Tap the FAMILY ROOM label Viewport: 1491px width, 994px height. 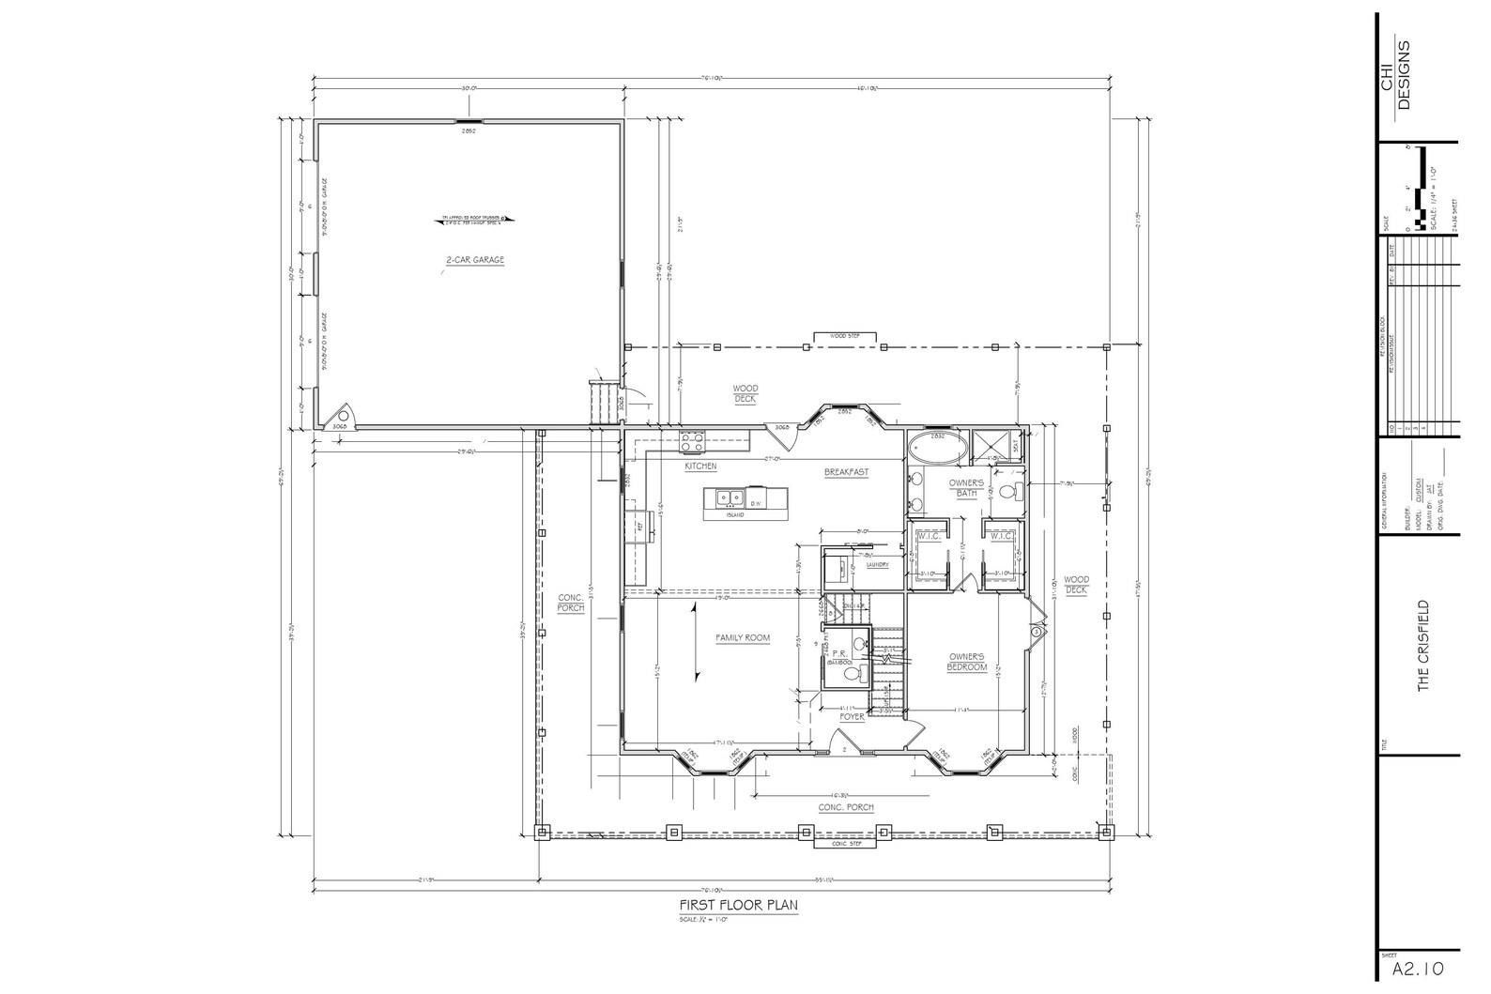(x=743, y=638)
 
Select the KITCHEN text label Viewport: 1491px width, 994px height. (x=700, y=466)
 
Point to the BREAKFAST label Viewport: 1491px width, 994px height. (x=846, y=472)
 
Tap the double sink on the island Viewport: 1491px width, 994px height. (x=729, y=497)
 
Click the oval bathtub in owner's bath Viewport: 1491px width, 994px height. (x=937, y=448)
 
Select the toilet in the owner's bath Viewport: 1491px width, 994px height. (x=1007, y=491)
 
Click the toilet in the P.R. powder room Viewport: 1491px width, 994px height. (x=852, y=674)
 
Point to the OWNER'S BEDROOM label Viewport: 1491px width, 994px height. (x=967, y=662)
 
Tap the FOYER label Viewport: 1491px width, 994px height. (x=852, y=716)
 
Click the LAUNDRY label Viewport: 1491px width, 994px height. (x=877, y=565)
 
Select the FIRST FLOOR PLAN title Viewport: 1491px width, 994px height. (x=739, y=906)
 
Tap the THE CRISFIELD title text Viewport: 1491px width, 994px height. (x=1423, y=646)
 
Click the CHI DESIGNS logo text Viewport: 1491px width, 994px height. (x=1395, y=75)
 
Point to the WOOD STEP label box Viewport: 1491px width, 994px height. (x=845, y=336)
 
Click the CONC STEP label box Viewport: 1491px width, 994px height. (x=845, y=843)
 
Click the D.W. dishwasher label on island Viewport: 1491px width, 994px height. (x=755, y=504)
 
